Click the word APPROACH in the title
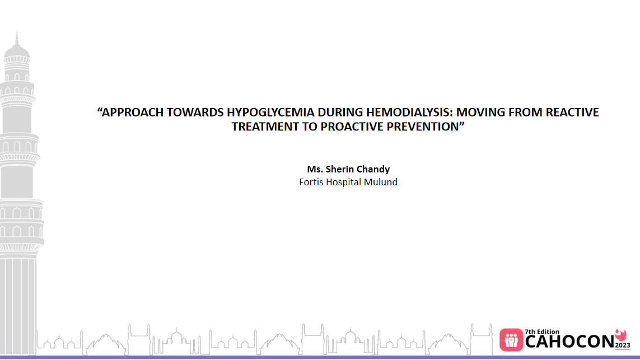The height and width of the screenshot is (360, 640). (x=130, y=113)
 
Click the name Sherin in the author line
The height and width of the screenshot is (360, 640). (x=340, y=169)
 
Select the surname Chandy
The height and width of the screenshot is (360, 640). (x=373, y=169)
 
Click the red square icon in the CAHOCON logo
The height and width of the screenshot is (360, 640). (x=511, y=339)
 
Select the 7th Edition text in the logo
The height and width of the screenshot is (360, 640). (x=541, y=332)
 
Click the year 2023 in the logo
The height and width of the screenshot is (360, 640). (x=623, y=345)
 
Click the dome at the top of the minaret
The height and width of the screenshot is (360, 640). (x=17, y=52)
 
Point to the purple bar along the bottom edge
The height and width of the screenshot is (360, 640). (x=320, y=357)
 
